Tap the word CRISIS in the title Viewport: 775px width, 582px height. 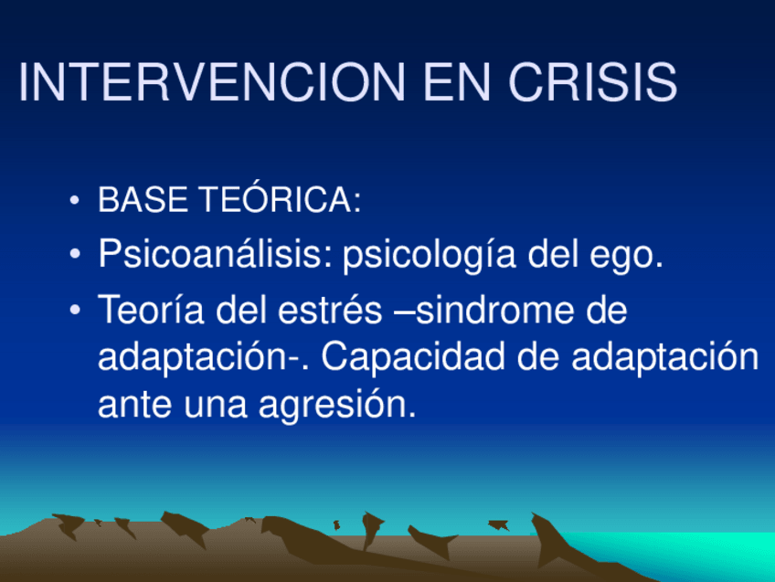[x=592, y=82]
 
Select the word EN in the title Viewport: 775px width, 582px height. [x=457, y=82]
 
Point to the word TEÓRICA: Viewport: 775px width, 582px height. [x=280, y=198]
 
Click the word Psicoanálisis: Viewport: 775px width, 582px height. [x=216, y=253]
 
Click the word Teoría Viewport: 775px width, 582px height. [x=151, y=310]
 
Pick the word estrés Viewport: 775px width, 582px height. [x=330, y=310]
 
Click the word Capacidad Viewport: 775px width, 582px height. [x=413, y=356]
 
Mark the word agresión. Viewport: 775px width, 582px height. [x=337, y=405]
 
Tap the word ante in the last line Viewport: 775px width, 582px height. [x=135, y=405]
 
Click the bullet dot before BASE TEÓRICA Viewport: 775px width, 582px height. [x=75, y=200]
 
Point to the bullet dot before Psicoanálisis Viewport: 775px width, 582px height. [x=75, y=254]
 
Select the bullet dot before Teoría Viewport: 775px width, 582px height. [x=75, y=311]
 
